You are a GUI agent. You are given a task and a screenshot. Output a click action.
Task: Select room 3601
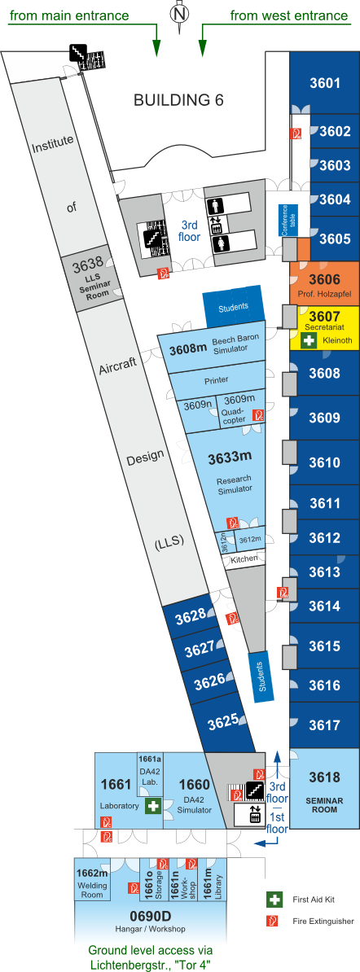pos(325,83)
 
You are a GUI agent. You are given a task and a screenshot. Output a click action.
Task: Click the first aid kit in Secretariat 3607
pos(310,340)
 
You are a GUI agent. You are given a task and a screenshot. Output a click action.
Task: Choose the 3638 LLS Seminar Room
pos(90,278)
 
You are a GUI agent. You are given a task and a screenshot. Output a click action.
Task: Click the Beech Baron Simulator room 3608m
pos(214,348)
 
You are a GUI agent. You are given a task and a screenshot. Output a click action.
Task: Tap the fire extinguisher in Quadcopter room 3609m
pos(260,414)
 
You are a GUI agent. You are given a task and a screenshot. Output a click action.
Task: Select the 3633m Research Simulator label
pos(230,471)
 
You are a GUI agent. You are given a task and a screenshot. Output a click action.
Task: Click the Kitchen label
pos(244,559)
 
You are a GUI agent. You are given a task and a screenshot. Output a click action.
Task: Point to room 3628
pos(190,617)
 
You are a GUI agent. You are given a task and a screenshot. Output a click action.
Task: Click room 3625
pos(223,722)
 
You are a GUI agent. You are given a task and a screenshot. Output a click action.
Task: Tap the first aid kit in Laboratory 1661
pos(152,806)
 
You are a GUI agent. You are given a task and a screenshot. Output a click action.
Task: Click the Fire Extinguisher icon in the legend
pos(271,922)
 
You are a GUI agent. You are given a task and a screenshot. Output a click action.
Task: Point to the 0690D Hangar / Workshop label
pos(150,921)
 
